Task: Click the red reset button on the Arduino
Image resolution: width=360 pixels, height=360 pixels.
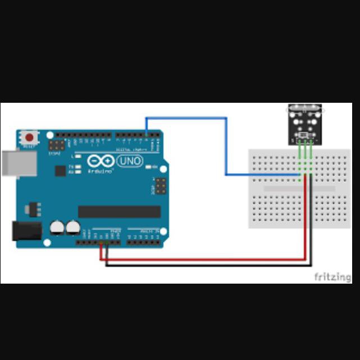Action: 29,137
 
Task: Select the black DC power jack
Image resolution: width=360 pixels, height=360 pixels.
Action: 26,230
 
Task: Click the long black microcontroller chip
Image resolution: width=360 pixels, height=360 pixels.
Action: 119,212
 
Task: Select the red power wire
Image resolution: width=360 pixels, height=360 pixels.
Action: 202,259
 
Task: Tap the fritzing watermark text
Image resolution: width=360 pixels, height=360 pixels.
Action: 332,277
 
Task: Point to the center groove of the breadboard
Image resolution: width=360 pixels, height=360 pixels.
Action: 299,189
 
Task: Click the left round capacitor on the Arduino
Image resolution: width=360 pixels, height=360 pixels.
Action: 57,227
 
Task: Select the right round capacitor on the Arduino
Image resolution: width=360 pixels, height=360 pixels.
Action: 72,227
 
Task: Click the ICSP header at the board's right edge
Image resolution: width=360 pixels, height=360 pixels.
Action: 161,185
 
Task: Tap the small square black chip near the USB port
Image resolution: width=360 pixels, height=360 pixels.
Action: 60,171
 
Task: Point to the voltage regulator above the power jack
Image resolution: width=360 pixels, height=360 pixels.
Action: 29,209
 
